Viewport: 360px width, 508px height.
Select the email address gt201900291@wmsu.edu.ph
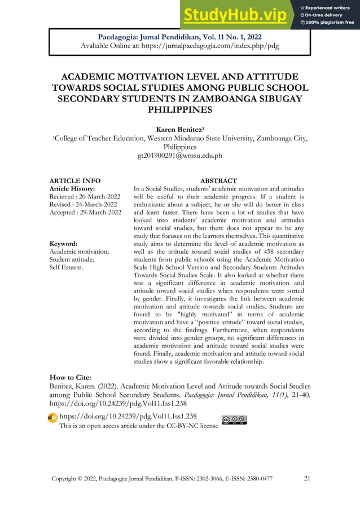[x=180, y=155]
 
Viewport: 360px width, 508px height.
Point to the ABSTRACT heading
[x=218, y=180]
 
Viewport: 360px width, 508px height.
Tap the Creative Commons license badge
[x=234, y=419]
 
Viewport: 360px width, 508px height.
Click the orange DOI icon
[x=52, y=417]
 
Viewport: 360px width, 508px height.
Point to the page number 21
[x=307, y=479]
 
